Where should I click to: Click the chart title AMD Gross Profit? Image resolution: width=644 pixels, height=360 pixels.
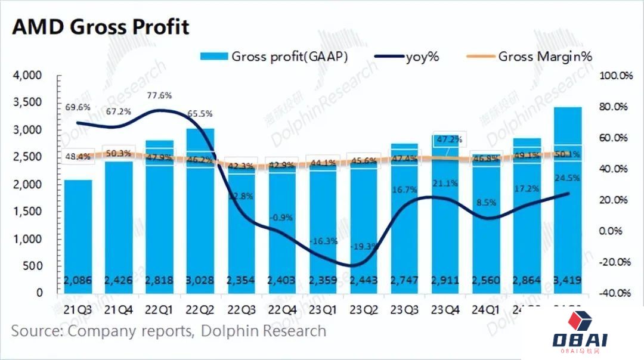[x=101, y=27]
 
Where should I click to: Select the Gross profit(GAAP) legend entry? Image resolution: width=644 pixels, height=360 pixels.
[x=274, y=57]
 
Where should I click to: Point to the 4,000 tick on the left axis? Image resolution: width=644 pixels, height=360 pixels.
[x=26, y=76]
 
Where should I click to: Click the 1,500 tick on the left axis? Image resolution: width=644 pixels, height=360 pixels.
[x=26, y=212]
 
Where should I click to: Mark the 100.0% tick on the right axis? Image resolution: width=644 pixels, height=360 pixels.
[x=615, y=76]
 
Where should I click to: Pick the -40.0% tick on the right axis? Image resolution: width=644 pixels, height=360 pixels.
[x=615, y=293]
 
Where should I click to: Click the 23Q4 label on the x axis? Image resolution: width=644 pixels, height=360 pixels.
[x=445, y=310]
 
